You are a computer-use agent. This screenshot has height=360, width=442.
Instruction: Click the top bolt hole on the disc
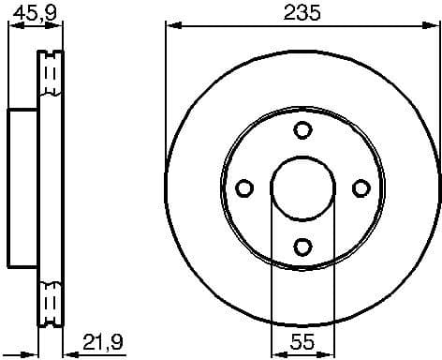click(x=302, y=130)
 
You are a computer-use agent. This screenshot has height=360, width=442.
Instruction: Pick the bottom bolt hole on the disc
click(x=302, y=247)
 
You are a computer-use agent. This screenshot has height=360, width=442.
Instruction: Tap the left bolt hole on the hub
click(x=244, y=188)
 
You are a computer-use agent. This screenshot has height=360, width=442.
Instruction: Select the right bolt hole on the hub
click(x=360, y=188)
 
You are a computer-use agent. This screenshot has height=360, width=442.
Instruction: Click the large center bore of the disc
click(x=302, y=188)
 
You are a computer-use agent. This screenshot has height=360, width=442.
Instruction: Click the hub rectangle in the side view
click(x=22, y=188)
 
